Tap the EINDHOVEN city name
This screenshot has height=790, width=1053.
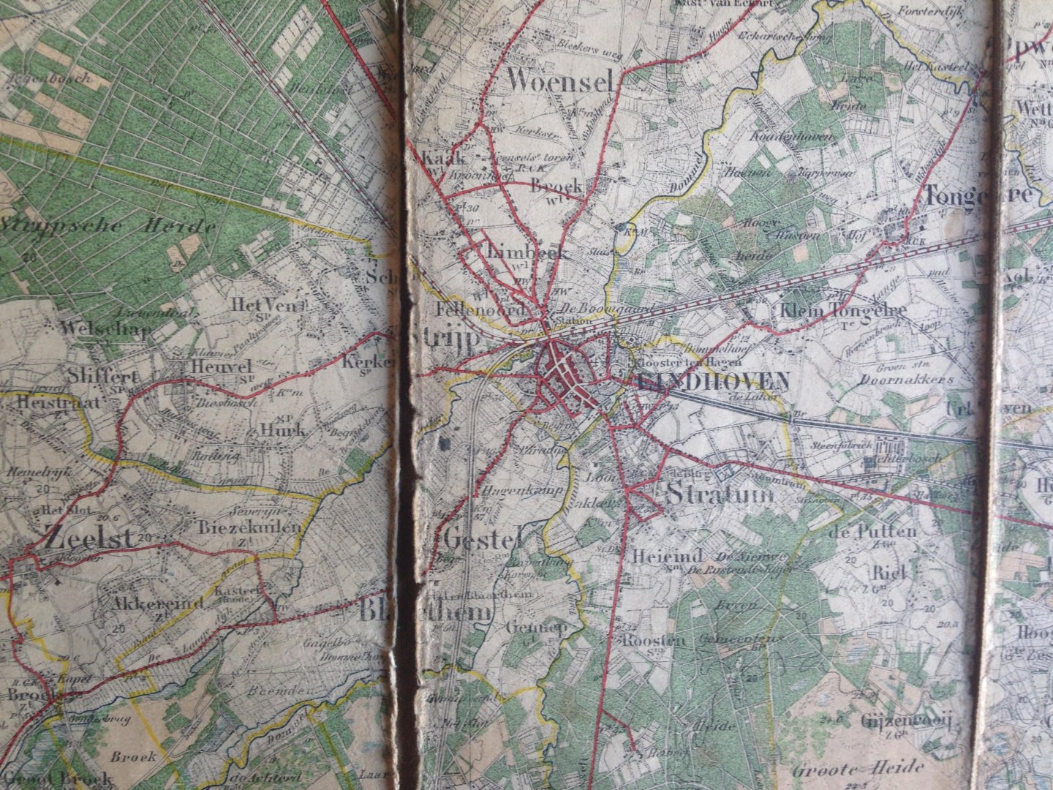713,380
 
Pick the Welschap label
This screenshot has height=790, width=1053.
107,328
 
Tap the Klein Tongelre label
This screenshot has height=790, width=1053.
843,310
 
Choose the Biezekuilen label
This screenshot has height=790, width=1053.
249,527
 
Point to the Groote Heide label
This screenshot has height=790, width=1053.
858,768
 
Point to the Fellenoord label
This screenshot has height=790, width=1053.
481,309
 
